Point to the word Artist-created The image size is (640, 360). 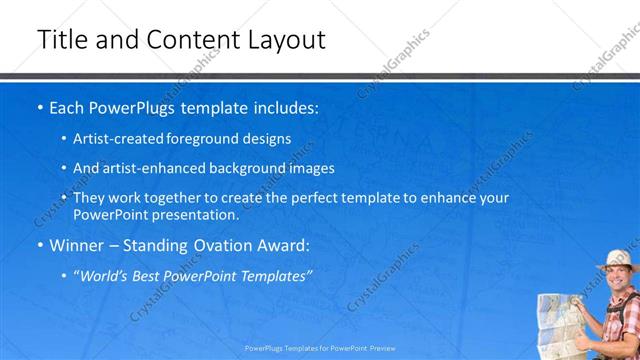(x=123, y=138)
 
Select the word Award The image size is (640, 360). (x=283, y=245)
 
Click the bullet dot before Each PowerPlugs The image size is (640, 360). (x=40, y=107)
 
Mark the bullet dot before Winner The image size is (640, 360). (x=40, y=245)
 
